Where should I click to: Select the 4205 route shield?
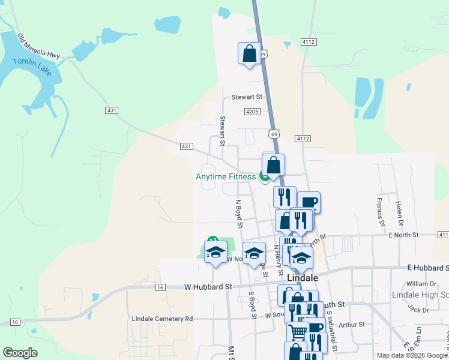[x=252, y=112]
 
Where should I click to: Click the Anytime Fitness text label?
[x=226, y=176]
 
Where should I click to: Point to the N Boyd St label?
[x=238, y=214]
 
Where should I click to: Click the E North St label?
[x=403, y=235]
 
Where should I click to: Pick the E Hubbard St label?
[x=427, y=268]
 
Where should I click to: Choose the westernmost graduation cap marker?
[x=215, y=252]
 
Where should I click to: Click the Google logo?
[x=20, y=353]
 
